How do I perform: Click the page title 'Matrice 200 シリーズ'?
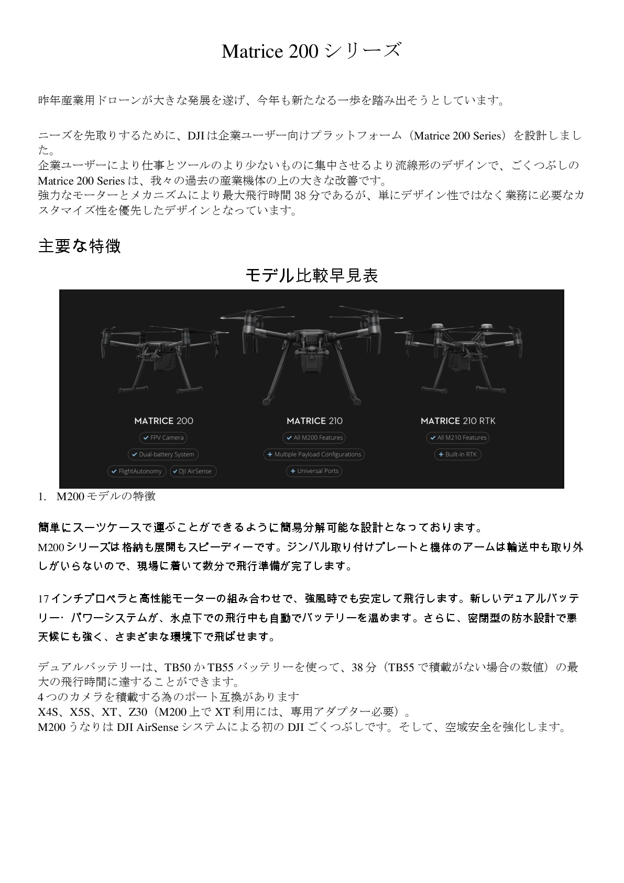(x=311, y=51)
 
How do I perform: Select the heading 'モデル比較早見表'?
(x=311, y=275)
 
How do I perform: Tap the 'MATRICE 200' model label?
(x=163, y=421)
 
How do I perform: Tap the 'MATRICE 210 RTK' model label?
(x=458, y=421)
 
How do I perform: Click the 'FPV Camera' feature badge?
(x=163, y=437)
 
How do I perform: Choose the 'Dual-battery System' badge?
(x=163, y=454)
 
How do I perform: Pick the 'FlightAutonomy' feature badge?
(x=136, y=471)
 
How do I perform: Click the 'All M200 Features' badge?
(x=314, y=437)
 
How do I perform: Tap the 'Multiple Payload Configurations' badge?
(x=314, y=454)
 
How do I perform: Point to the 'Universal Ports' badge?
(x=314, y=471)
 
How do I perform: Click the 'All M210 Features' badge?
(x=458, y=437)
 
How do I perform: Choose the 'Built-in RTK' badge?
(x=457, y=454)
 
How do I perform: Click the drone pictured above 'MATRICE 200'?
(x=163, y=362)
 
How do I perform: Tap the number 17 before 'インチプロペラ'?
(x=43, y=598)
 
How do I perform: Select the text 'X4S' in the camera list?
(x=48, y=712)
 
